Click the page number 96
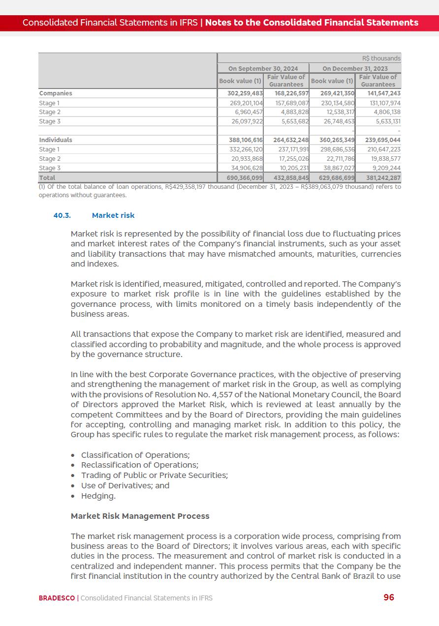[388, 597]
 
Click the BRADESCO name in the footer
[57, 598]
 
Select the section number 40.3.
[62, 215]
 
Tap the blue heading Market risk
[113, 215]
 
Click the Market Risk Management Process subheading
[140, 516]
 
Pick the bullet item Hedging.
[98, 496]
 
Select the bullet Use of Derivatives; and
[125, 485]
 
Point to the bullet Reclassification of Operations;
[140, 465]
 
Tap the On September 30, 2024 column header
[263, 68]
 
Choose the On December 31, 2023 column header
[355, 68]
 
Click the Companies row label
[56, 93]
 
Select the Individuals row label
[56, 140]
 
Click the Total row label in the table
[47, 178]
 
